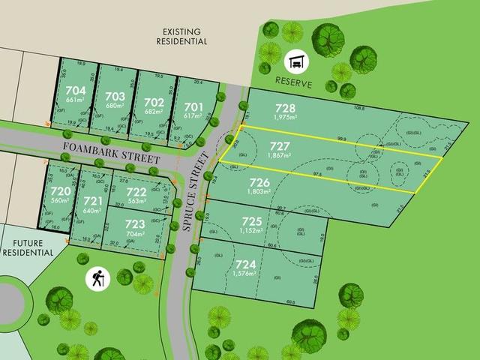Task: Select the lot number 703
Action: [114, 96]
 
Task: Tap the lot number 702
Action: [153, 102]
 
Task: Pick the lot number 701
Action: [193, 106]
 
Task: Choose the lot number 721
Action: [92, 202]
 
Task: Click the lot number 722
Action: [136, 191]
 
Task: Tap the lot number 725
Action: [252, 220]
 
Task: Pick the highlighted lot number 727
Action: [280, 145]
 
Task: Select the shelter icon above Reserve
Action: [296, 59]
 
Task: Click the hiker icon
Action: [96, 277]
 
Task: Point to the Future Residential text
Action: [29, 247]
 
